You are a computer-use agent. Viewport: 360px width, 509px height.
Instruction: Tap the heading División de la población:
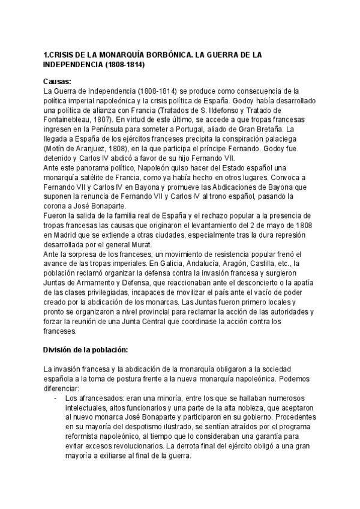pos(85,350)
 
